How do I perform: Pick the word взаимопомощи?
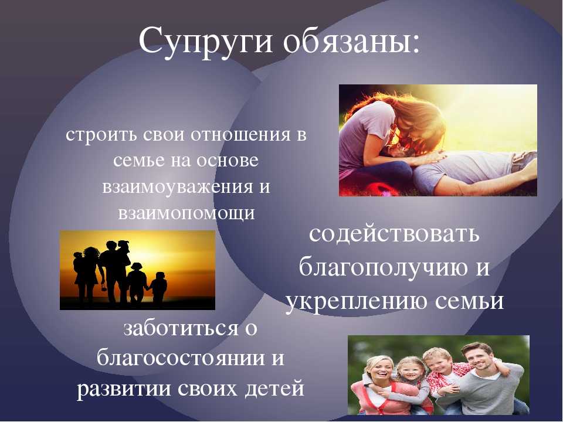(x=186, y=213)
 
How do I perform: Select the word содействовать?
(x=394, y=234)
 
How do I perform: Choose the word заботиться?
(x=181, y=329)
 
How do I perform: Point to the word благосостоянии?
(x=181, y=358)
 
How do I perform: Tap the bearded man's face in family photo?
(x=479, y=359)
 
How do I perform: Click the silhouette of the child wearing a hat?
(x=136, y=283)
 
